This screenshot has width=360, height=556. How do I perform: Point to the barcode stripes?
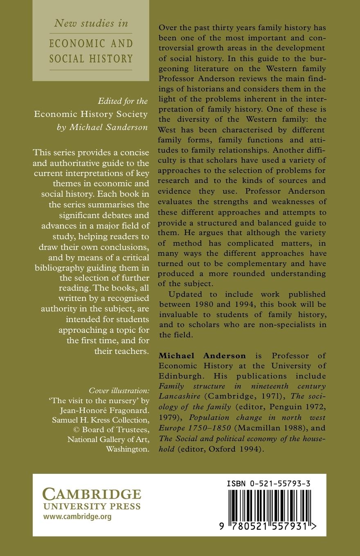(x=268, y=505)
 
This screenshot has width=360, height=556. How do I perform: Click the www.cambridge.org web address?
(x=78, y=517)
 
